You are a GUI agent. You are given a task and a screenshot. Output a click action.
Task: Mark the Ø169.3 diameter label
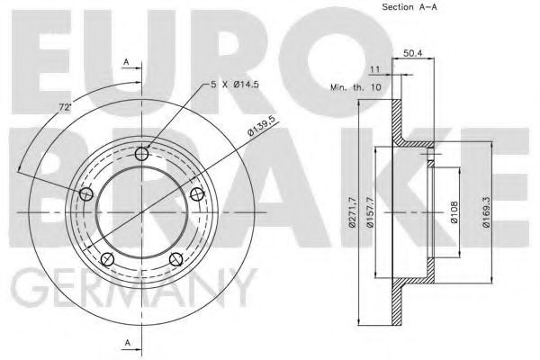pyautogui.click(x=486, y=212)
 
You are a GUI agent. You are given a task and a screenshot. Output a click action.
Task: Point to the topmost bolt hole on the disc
pyautogui.click(x=141, y=155)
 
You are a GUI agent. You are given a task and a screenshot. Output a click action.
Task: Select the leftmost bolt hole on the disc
pyautogui.click(x=86, y=194)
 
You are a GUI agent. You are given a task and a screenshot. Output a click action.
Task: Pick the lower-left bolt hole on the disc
pyautogui.click(x=107, y=259)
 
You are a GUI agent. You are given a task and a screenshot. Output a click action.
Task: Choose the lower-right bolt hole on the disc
pyautogui.click(x=175, y=259)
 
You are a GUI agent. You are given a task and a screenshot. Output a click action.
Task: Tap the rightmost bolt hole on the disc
pyautogui.click(x=196, y=194)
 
